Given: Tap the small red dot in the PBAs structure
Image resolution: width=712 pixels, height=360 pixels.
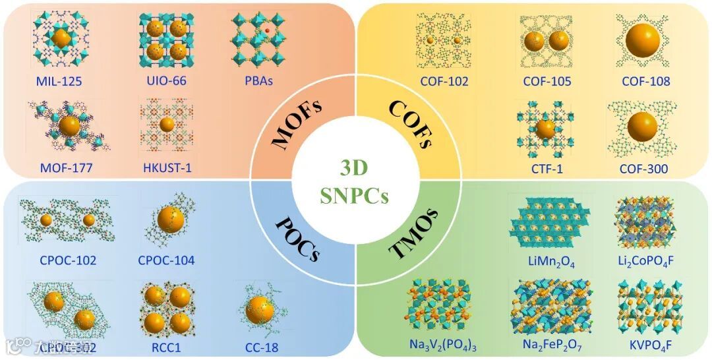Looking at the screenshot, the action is (x=268, y=31).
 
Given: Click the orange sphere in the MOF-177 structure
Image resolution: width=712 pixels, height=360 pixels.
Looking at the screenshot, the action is (x=69, y=125).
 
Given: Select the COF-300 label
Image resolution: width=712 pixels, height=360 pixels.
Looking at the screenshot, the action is (x=643, y=169).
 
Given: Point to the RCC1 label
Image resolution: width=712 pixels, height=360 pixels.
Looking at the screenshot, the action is (x=166, y=345).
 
